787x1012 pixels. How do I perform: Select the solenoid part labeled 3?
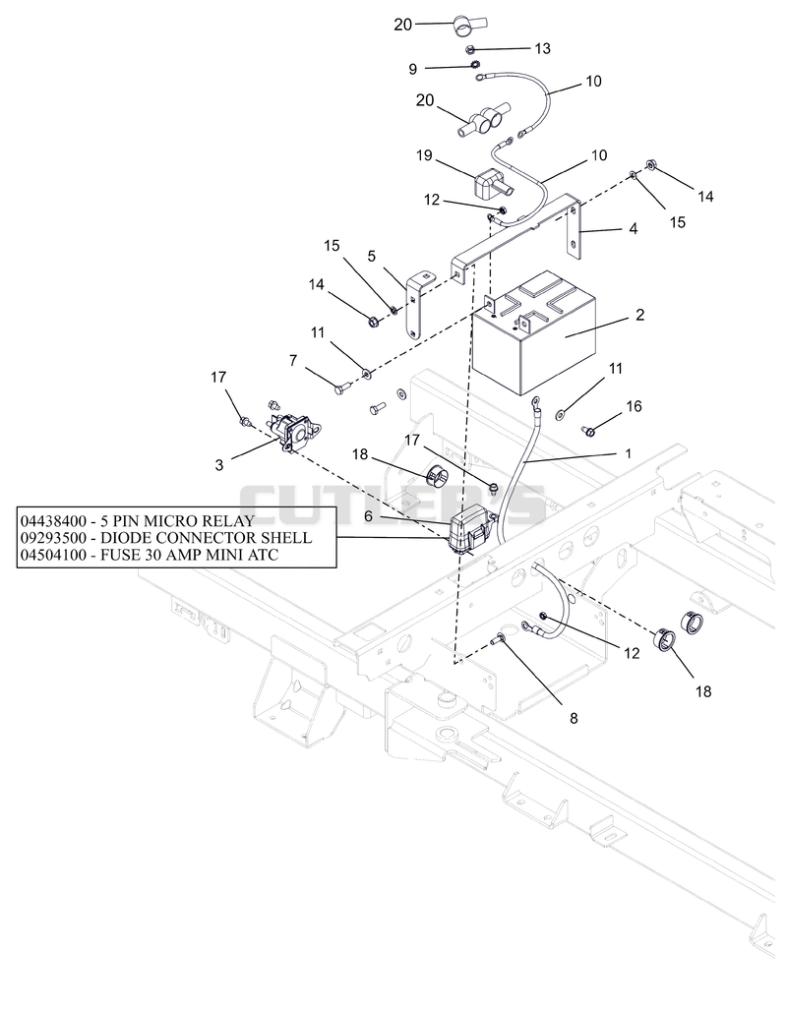[x=294, y=427]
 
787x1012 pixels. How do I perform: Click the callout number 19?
[x=424, y=155]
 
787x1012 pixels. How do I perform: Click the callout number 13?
[x=542, y=48]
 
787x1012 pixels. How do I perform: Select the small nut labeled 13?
[x=470, y=50]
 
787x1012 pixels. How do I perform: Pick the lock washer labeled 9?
[x=473, y=65]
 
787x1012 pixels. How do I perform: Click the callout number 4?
[x=633, y=228]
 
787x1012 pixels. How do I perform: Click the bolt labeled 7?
[x=340, y=388]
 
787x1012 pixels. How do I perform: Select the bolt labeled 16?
[x=588, y=430]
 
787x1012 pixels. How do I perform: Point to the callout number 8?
[x=574, y=718]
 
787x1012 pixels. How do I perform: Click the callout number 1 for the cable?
[x=629, y=453]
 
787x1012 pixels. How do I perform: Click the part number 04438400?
[x=55, y=520]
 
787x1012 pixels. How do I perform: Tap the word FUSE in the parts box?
[x=121, y=555]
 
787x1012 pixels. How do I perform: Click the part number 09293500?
[x=55, y=538]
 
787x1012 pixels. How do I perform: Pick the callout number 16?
[x=634, y=406]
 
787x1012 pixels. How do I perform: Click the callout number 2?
[x=639, y=315]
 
